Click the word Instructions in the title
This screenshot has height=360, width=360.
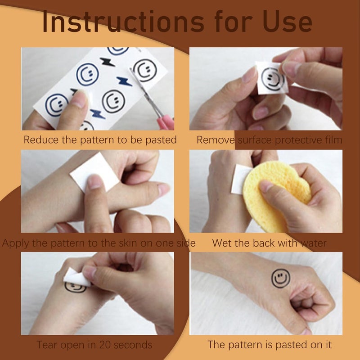[123, 22]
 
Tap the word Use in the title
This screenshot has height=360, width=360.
[287, 22]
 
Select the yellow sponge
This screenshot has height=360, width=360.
[275, 195]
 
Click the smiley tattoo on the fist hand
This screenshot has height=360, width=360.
[280, 278]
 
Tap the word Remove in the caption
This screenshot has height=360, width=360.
[216, 140]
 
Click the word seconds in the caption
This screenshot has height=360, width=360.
[133, 345]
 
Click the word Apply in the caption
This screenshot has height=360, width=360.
[16, 243]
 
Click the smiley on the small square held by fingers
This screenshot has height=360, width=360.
[273, 79]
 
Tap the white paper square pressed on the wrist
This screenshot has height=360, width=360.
[94, 172]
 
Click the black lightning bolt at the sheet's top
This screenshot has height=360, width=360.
[108, 62]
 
